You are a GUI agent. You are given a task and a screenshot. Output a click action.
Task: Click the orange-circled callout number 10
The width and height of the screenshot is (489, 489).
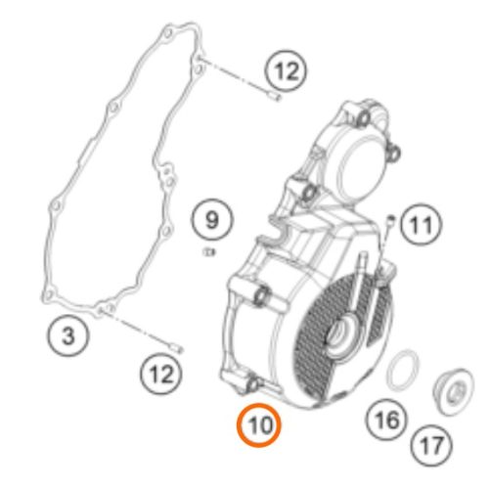(x=258, y=425)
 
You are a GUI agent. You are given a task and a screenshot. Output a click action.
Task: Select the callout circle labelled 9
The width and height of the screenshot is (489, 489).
(x=212, y=219)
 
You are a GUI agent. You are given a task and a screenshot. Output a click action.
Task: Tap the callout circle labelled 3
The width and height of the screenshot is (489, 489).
(x=67, y=335)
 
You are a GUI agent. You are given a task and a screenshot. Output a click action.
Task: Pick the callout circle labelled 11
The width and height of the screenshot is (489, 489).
(x=421, y=224)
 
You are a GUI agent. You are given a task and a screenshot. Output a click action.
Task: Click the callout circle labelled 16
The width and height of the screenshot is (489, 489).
(x=387, y=420)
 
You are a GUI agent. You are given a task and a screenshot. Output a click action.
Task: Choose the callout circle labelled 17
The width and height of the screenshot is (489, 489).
(x=431, y=446)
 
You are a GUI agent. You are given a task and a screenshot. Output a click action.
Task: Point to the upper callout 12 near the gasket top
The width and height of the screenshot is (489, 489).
(x=286, y=70)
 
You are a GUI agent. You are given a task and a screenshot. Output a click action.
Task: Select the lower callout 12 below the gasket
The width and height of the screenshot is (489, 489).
(x=161, y=374)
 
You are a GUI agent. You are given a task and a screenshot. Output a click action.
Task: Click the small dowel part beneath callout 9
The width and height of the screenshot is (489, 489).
(x=208, y=251)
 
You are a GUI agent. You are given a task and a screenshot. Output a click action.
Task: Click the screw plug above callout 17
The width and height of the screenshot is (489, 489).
(x=453, y=395)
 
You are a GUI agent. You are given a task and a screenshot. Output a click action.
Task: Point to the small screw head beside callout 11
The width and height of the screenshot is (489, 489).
(x=391, y=218)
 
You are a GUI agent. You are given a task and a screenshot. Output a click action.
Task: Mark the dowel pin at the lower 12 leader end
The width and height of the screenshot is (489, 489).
(x=177, y=348)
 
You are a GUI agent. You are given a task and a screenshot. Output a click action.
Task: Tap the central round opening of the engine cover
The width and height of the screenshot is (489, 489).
(x=340, y=335)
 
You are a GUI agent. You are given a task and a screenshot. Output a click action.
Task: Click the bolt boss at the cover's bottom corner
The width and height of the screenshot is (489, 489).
(x=251, y=385)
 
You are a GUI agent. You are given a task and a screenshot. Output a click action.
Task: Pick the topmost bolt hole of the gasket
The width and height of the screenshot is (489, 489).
(x=167, y=32)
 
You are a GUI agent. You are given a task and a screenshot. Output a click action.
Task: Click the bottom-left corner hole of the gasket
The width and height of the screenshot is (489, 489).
(x=49, y=295)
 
